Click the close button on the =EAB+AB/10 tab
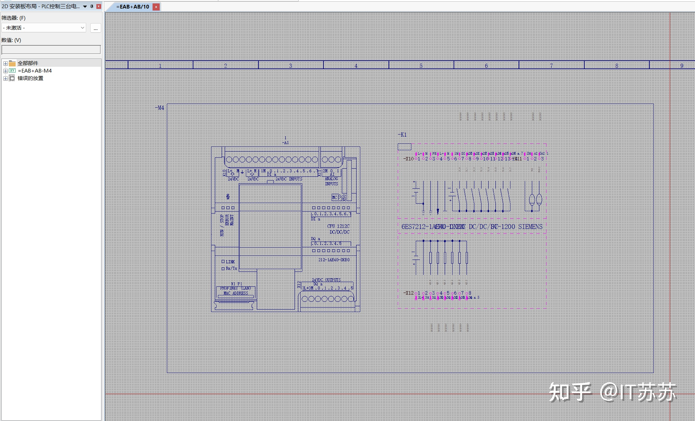point(156,7)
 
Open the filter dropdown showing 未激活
point(44,28)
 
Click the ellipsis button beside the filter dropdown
point(96,28)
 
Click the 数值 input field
point(51,50)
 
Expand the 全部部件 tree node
point(5,63)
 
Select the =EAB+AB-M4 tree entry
point(35,71)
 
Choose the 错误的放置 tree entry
point(30,78)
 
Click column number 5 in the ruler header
point(421,66)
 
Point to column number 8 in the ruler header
point(617,66)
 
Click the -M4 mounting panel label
point(159,108)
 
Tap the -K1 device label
point(402,135)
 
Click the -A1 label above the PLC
point(285,143)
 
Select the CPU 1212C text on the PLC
point(338,226)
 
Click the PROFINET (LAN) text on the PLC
point(235,288)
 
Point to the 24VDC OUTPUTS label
point(326,280)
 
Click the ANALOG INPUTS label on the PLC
point(331,181)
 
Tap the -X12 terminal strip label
point(408,293)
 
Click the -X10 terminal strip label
point(408,159)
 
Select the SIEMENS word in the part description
point(530,227)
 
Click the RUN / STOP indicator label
point(222,225)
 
